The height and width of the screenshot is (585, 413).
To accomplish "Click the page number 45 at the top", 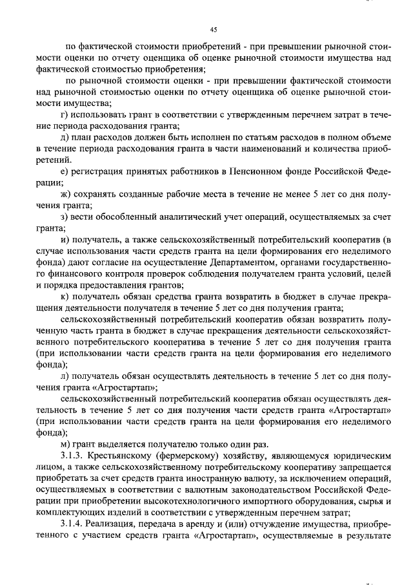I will (213, 29).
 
